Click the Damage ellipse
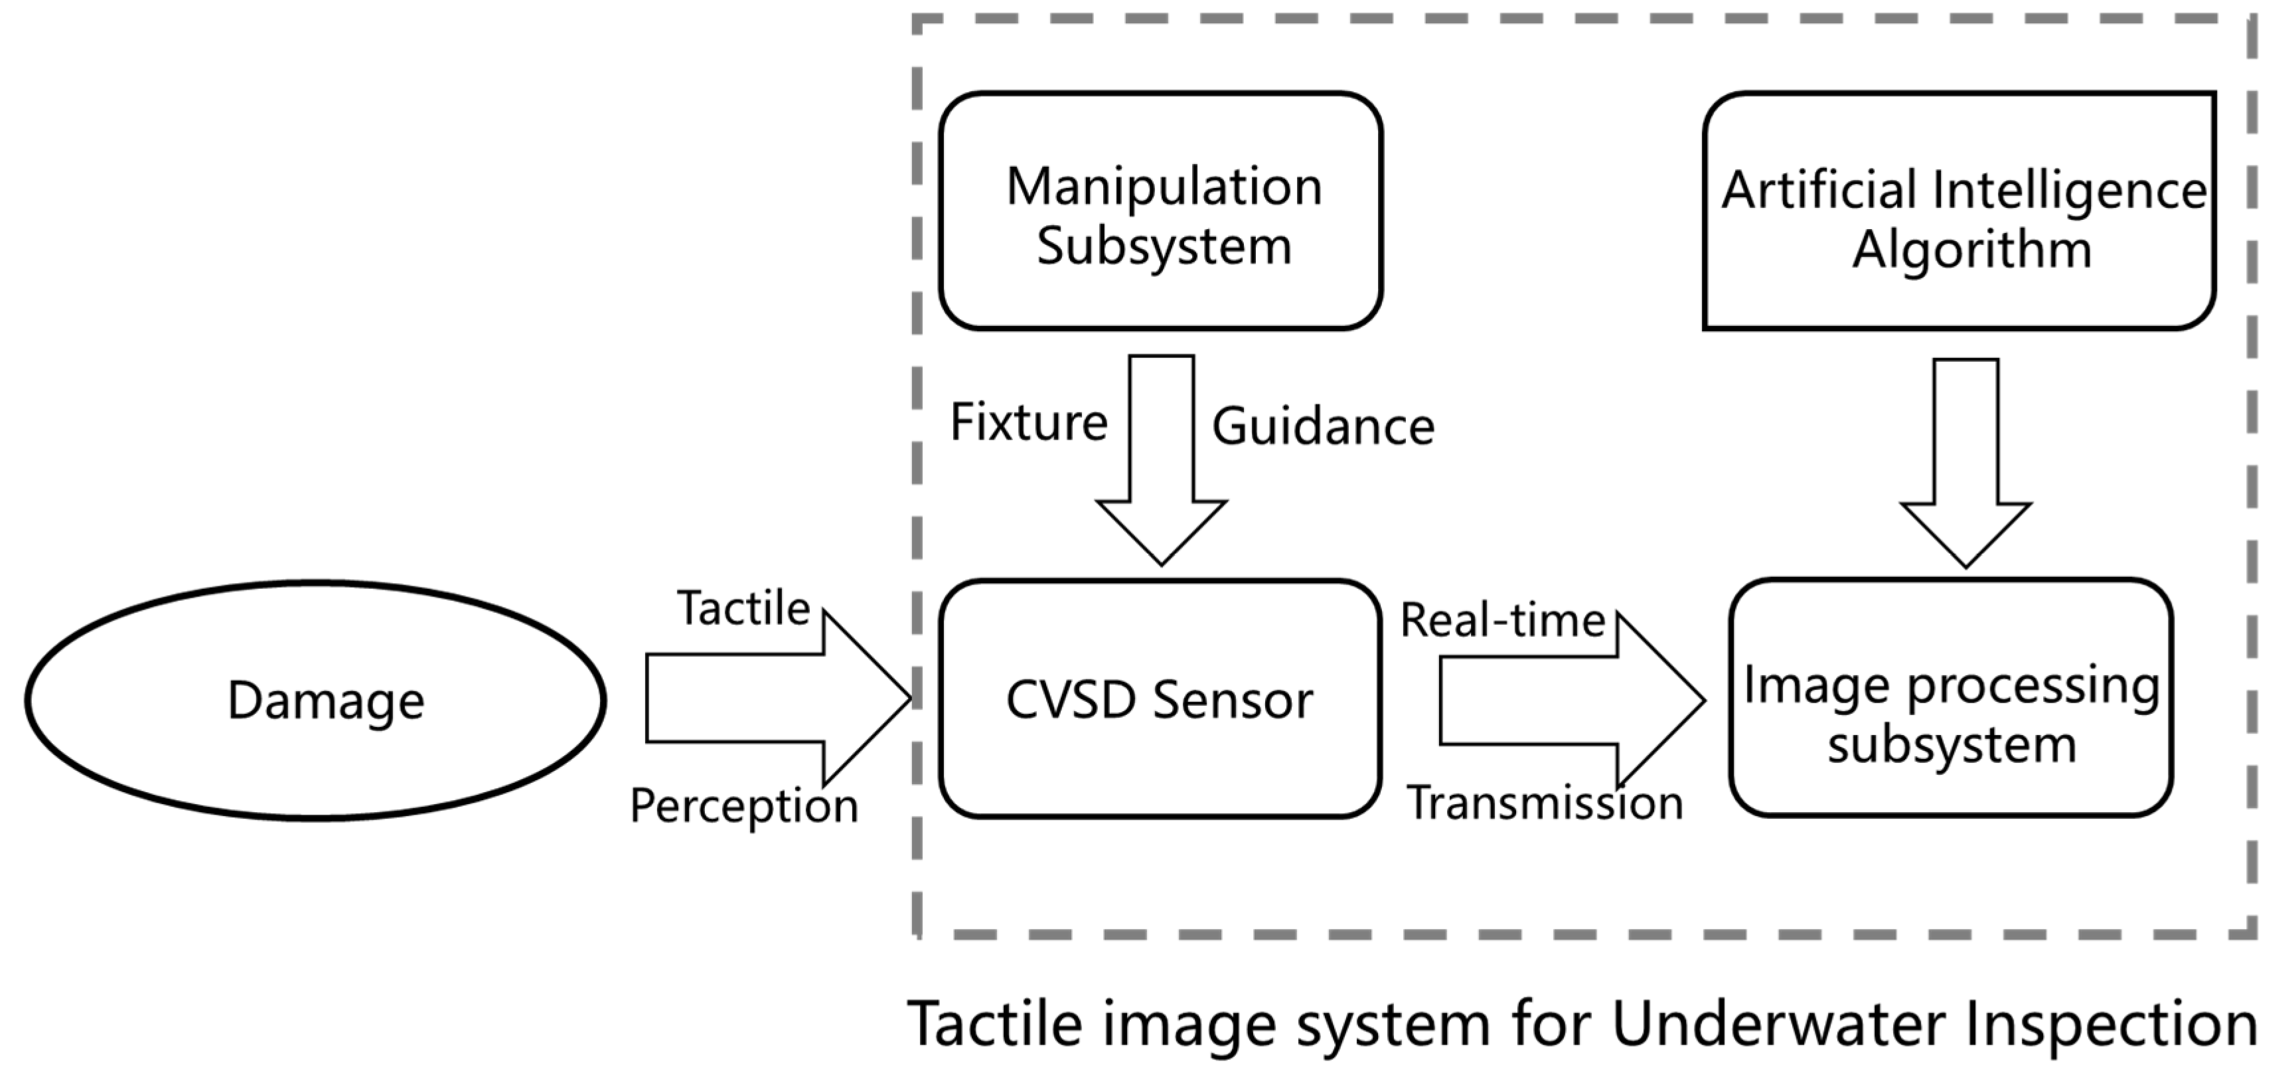pos(316,700)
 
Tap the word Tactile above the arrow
pos(743,609)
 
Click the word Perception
pos(743,806)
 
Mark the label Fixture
pos(1029,422)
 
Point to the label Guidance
pos(1324,426)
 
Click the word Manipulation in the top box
pos(1164,187)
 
